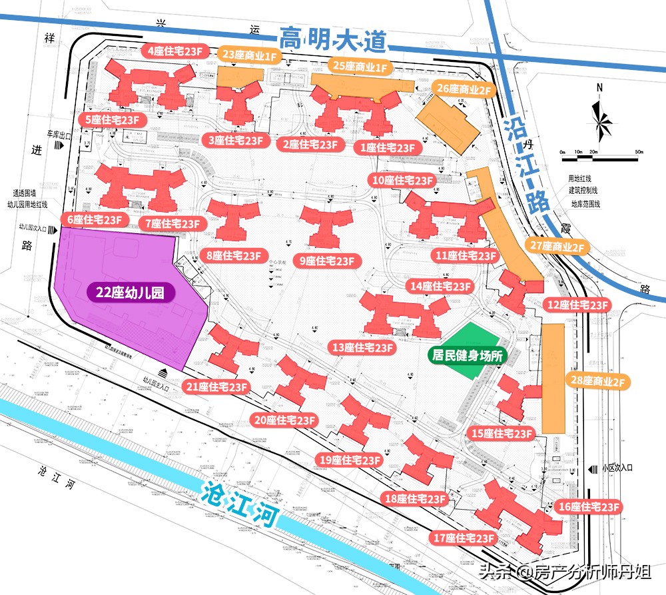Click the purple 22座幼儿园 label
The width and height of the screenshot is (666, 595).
point(131,292)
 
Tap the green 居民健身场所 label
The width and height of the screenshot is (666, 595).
point(466,356)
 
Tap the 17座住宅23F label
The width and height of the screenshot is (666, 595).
point(465,538)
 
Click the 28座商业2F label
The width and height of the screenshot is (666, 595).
point(597,381)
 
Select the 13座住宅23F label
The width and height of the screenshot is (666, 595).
point(363,347)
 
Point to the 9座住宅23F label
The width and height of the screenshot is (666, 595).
point(326,261)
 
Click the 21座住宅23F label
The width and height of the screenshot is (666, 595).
point(217,386)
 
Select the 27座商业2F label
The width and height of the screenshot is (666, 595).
point(557,247)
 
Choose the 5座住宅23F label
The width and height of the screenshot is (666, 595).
point(113,120)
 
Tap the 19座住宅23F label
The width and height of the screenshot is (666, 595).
point(350,459)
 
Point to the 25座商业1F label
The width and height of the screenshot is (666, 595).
point(360,67)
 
